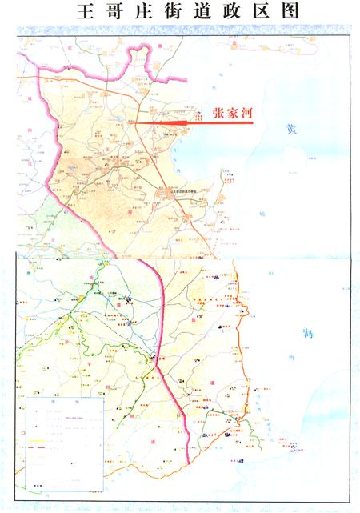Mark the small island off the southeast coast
297,446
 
